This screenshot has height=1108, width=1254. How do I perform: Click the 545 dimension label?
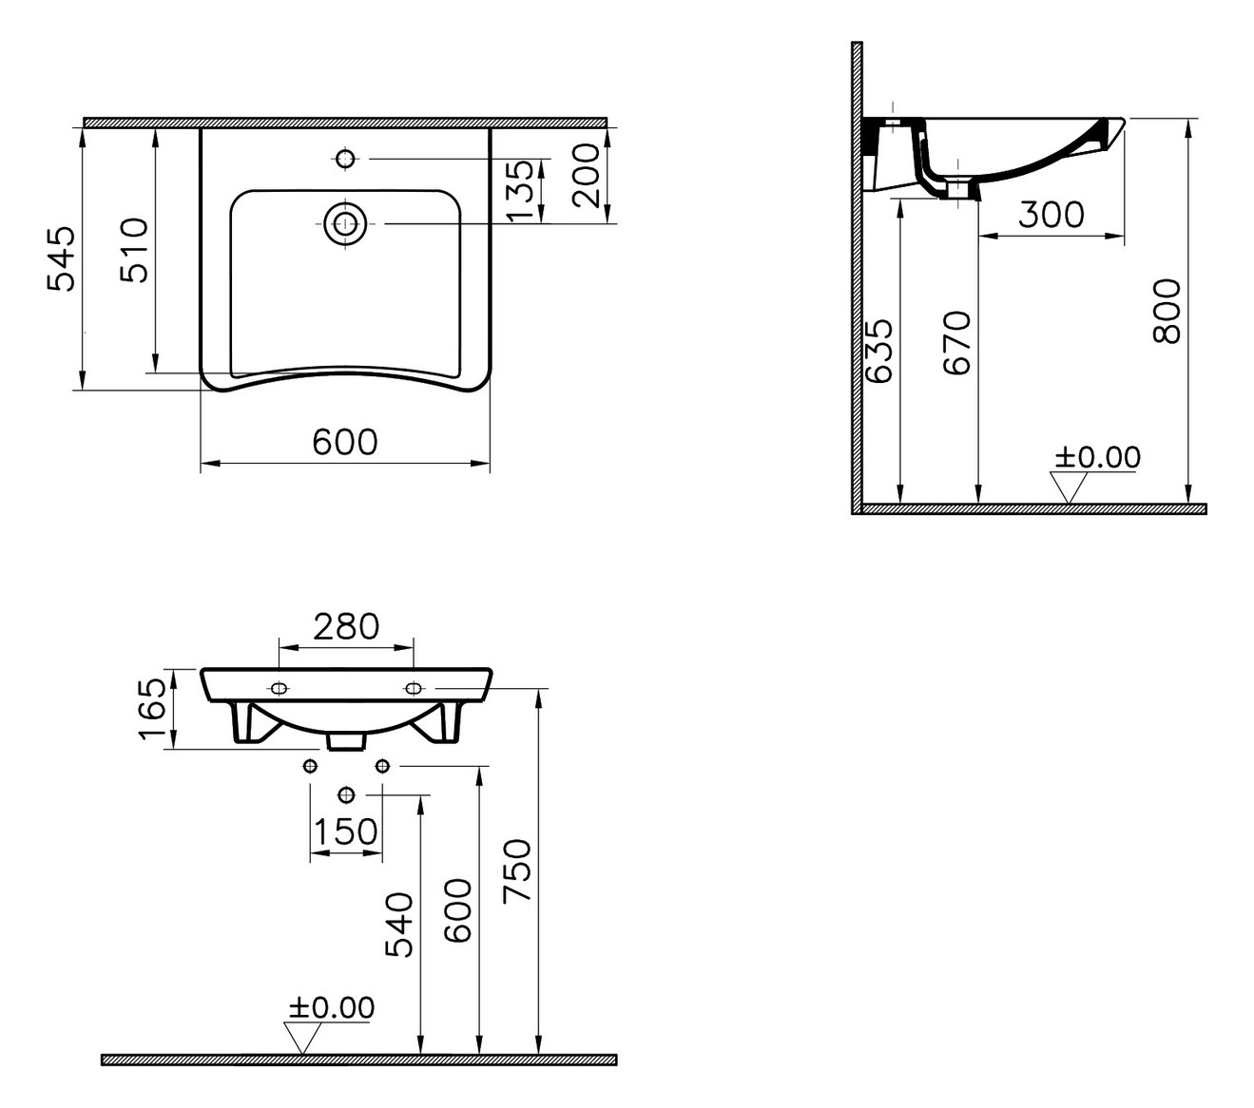(x=62, y=258)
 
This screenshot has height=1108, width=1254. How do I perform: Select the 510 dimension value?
(x=134, y=250)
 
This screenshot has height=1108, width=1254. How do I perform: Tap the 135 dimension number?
(x=520, y=190)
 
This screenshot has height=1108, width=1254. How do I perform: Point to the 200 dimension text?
(x=586, y=175)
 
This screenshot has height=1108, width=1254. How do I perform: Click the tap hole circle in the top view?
(x=345, y=159)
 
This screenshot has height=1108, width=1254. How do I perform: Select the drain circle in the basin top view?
(x=345, y=222)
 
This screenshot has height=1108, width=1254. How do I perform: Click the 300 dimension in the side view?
(x=1051, y=215)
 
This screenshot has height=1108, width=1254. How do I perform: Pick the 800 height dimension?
(x=1167, y=311)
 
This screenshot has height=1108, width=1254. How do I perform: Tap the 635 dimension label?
(x=878, y=350)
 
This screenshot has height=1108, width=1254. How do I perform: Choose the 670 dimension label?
(x=956, y=343)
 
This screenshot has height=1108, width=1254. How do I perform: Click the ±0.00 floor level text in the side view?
(x=1097, y=457)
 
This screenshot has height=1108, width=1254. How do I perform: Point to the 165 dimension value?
(x=152, y=709)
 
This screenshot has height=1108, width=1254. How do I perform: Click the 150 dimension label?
(x=346, y=831)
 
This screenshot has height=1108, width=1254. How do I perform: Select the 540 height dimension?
(x=399, y=925)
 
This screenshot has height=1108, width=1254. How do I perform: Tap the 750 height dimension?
(x=517, y=871)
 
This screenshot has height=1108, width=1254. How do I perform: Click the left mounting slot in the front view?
(x=279, y=688)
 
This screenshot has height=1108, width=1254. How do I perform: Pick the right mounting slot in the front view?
(x=413, y=688)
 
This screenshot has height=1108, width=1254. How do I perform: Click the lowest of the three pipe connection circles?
(x=347, y=794)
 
